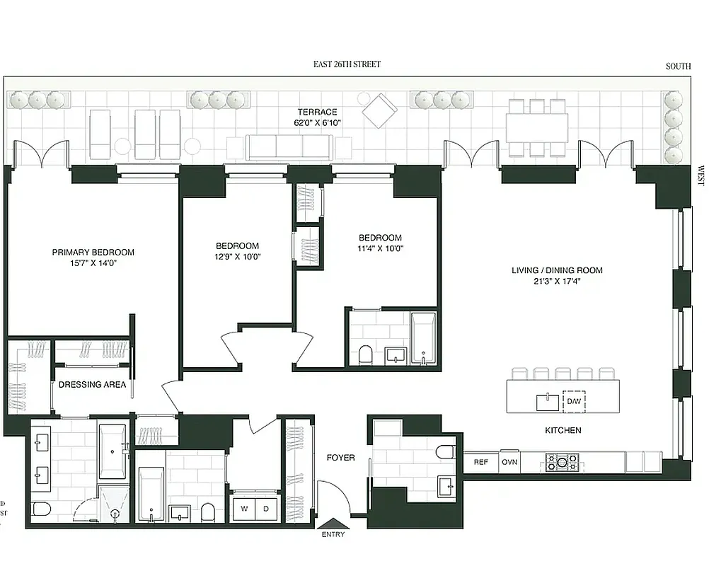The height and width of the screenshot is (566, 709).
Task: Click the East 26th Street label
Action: coord(347,64)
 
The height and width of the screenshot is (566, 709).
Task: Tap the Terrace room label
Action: coord(316,112)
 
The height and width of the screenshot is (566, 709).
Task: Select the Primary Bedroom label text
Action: coord(93,252)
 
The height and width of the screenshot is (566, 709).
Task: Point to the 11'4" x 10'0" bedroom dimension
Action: coord(379,248)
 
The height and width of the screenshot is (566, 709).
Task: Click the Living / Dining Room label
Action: coord(557,270)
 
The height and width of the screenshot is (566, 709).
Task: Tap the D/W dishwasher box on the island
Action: coord(573,402)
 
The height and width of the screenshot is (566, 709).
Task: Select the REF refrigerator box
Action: coord(480,462)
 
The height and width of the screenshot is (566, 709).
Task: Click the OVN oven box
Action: coord(509,462)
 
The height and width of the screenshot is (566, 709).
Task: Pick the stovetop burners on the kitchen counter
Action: coord(563,463)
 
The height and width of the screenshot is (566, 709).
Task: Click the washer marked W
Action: coord(245,508)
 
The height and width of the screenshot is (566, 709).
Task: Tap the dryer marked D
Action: coord(266,508)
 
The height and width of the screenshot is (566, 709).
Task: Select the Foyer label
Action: coord(340,458)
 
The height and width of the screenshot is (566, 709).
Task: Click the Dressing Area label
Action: coord(92,385)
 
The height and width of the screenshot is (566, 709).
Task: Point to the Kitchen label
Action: coord(563,430)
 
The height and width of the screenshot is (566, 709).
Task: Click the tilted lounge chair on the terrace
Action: coord(380,110)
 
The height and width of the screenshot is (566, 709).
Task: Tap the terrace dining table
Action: coord(538,128)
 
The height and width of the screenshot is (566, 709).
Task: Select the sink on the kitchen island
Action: coord(546,402)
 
